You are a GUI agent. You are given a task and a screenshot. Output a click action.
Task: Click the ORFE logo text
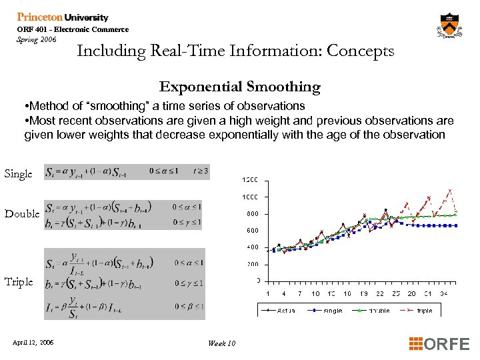(x=439, y=344)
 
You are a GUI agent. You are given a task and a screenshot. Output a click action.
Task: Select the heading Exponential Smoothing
(x=239, y=87)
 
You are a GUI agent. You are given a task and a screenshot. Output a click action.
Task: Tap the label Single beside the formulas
(x=18, y=174)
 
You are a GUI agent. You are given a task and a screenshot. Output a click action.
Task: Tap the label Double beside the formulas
(x=22, y=214)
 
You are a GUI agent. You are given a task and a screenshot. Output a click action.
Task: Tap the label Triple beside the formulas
(x=19, y=282)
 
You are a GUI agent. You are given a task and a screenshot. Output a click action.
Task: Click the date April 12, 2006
(x=33, y=343)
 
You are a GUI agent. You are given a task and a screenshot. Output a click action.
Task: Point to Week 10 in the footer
(x=221, y=343)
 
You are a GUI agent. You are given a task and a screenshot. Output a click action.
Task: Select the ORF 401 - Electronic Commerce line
(x=73, y=29)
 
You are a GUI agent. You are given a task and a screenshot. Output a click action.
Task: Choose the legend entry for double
(x=373, y=311)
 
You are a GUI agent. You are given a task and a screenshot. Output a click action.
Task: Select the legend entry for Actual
(x=277, y=311)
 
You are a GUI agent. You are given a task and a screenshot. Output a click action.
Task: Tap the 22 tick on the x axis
(x=379, y=294)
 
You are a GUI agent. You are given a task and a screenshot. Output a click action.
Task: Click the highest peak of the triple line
(x=451, y=190)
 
